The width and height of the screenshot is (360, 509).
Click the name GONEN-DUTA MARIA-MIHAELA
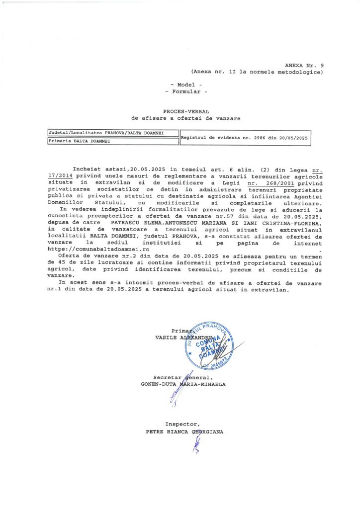tap(183, 384)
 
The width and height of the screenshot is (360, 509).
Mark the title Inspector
tap(183, 424)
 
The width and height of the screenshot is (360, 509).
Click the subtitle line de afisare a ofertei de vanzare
tap(186, 118)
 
